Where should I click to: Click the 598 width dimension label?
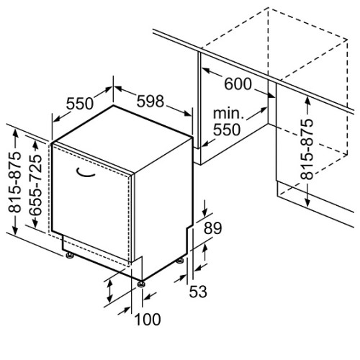(x=150, y=101)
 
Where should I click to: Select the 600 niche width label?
(x=238, y=84)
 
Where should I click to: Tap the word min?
(x=228, y=113)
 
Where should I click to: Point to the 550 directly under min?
(x=227, y=130)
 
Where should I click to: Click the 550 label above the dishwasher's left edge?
(x=79, y=104)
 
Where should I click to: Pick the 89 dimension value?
(x=213, y=228)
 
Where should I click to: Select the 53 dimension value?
(x=198, y=292)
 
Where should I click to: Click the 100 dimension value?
(x=148, y=320)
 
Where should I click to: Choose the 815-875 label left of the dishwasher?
(x=14, y=182)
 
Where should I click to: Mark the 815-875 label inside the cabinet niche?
(x=307, y=149)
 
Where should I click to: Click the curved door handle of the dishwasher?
(x=84, y=174)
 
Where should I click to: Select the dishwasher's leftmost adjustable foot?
(x=70, y=256)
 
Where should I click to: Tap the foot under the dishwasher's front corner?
(x=141, y=284)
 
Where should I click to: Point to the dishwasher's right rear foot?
(x=180, y=261)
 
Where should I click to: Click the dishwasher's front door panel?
(x=91, y=204)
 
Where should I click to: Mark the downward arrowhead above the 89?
(x=204, y=212)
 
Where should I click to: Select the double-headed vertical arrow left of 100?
(x=110, y=292)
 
